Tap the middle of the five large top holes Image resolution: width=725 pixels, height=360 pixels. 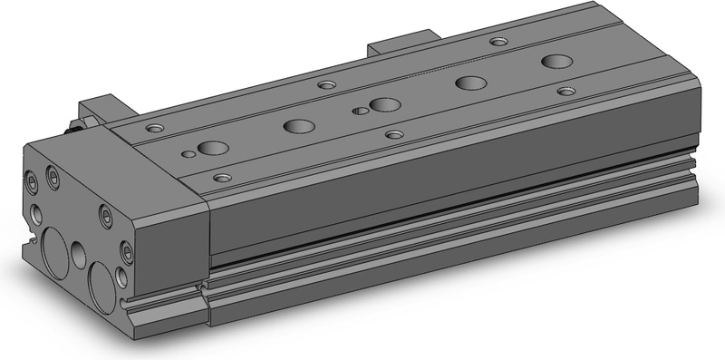382,104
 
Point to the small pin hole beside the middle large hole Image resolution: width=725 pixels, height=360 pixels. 361,112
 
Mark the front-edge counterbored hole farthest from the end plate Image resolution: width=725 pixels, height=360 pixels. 566,91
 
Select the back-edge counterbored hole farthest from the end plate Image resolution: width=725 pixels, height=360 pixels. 498,41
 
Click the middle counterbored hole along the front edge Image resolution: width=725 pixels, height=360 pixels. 393,134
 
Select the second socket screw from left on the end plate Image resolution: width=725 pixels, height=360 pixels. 52,180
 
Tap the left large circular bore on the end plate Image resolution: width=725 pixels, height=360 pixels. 52,249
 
